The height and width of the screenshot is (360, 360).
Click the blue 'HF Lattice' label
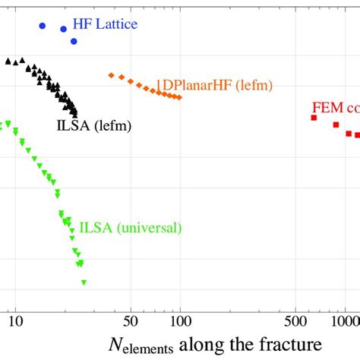104,25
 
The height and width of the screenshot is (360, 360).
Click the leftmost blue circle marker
43,26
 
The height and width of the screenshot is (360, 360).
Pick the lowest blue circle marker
74,41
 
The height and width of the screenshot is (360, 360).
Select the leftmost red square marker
313,118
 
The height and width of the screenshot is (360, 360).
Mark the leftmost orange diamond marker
111,75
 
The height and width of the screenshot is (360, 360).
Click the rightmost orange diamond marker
179,97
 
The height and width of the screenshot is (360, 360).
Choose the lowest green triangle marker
84,283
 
